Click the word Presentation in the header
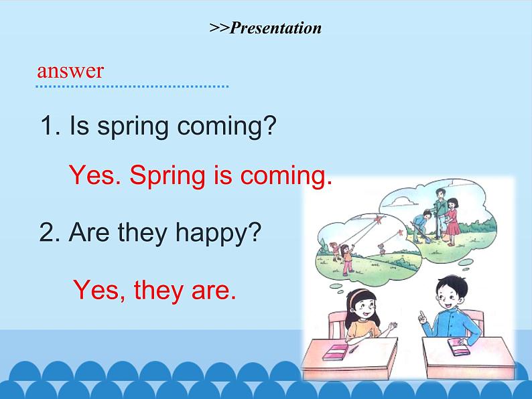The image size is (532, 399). point(275,28)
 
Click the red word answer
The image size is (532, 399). point(70,71)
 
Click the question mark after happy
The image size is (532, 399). point(253,233)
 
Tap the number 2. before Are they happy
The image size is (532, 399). point(52,233)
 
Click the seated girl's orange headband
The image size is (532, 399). point(357,295)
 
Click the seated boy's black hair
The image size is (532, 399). point(447,287)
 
